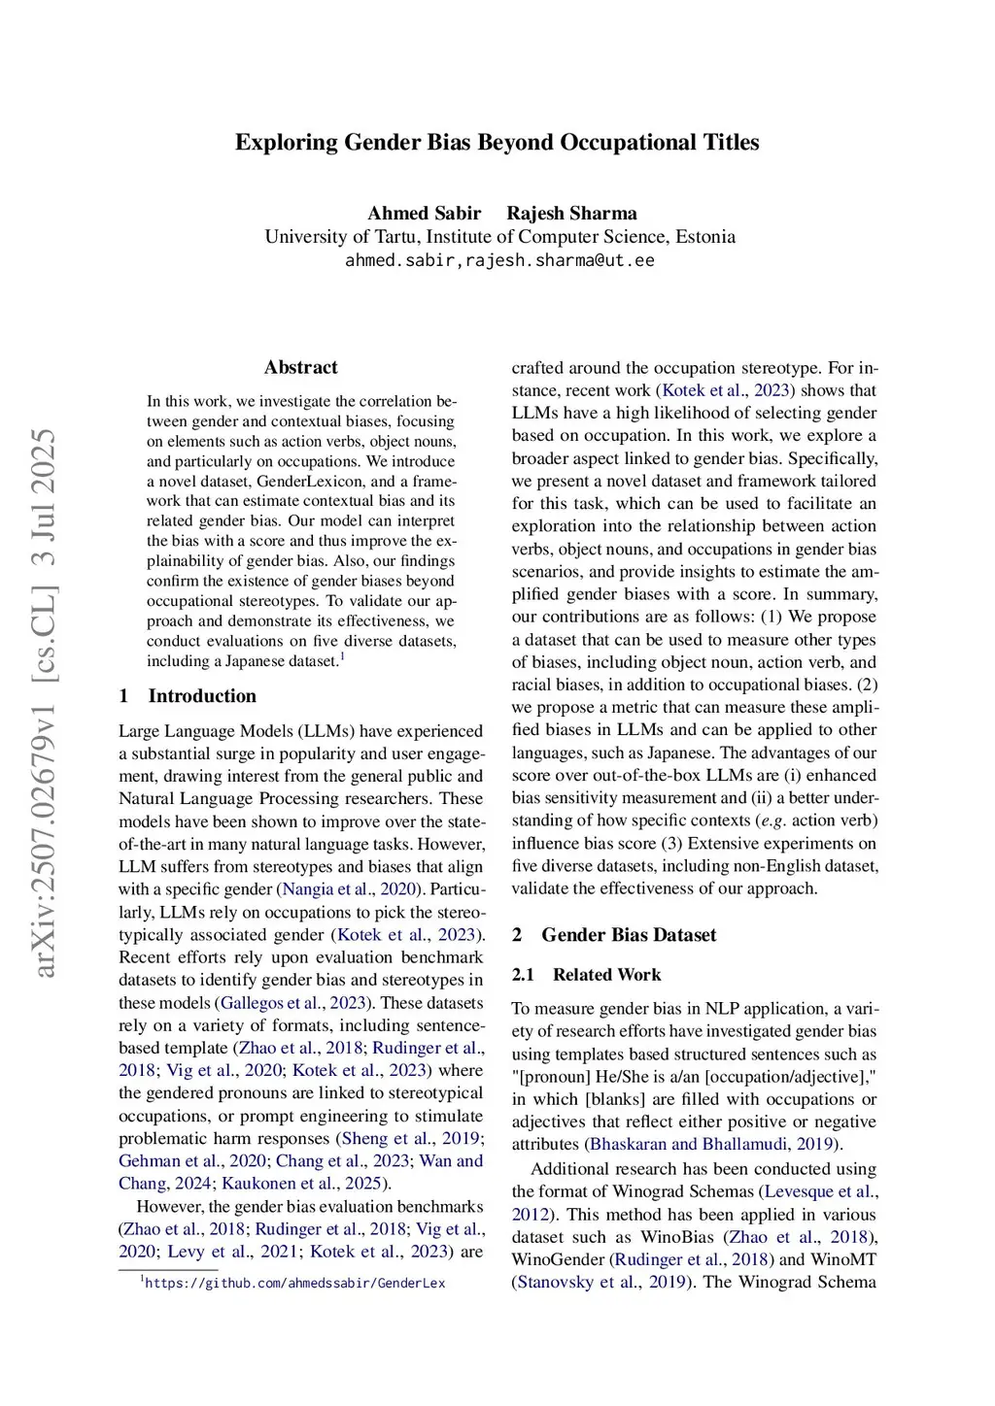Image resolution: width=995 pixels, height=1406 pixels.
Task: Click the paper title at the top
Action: (497, 143)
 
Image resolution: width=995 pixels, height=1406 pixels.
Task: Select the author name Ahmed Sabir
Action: (424, 214)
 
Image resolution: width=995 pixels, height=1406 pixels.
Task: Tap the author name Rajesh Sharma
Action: (571, 214)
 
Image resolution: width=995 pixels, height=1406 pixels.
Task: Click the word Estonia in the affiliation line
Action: (703, 237)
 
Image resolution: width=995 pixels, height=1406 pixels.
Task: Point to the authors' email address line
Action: (499, 260)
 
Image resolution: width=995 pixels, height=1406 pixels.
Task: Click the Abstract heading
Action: (300, 367)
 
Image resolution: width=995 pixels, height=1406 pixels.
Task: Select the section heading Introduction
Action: (202, 695)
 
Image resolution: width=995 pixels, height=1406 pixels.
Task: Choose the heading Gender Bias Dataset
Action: (628, 935)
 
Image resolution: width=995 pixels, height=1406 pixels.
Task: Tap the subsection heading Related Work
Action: (606, 975)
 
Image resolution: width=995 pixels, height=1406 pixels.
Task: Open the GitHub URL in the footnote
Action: (295, 1284)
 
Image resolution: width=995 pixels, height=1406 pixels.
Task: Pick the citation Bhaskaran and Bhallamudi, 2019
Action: (713, 1144)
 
